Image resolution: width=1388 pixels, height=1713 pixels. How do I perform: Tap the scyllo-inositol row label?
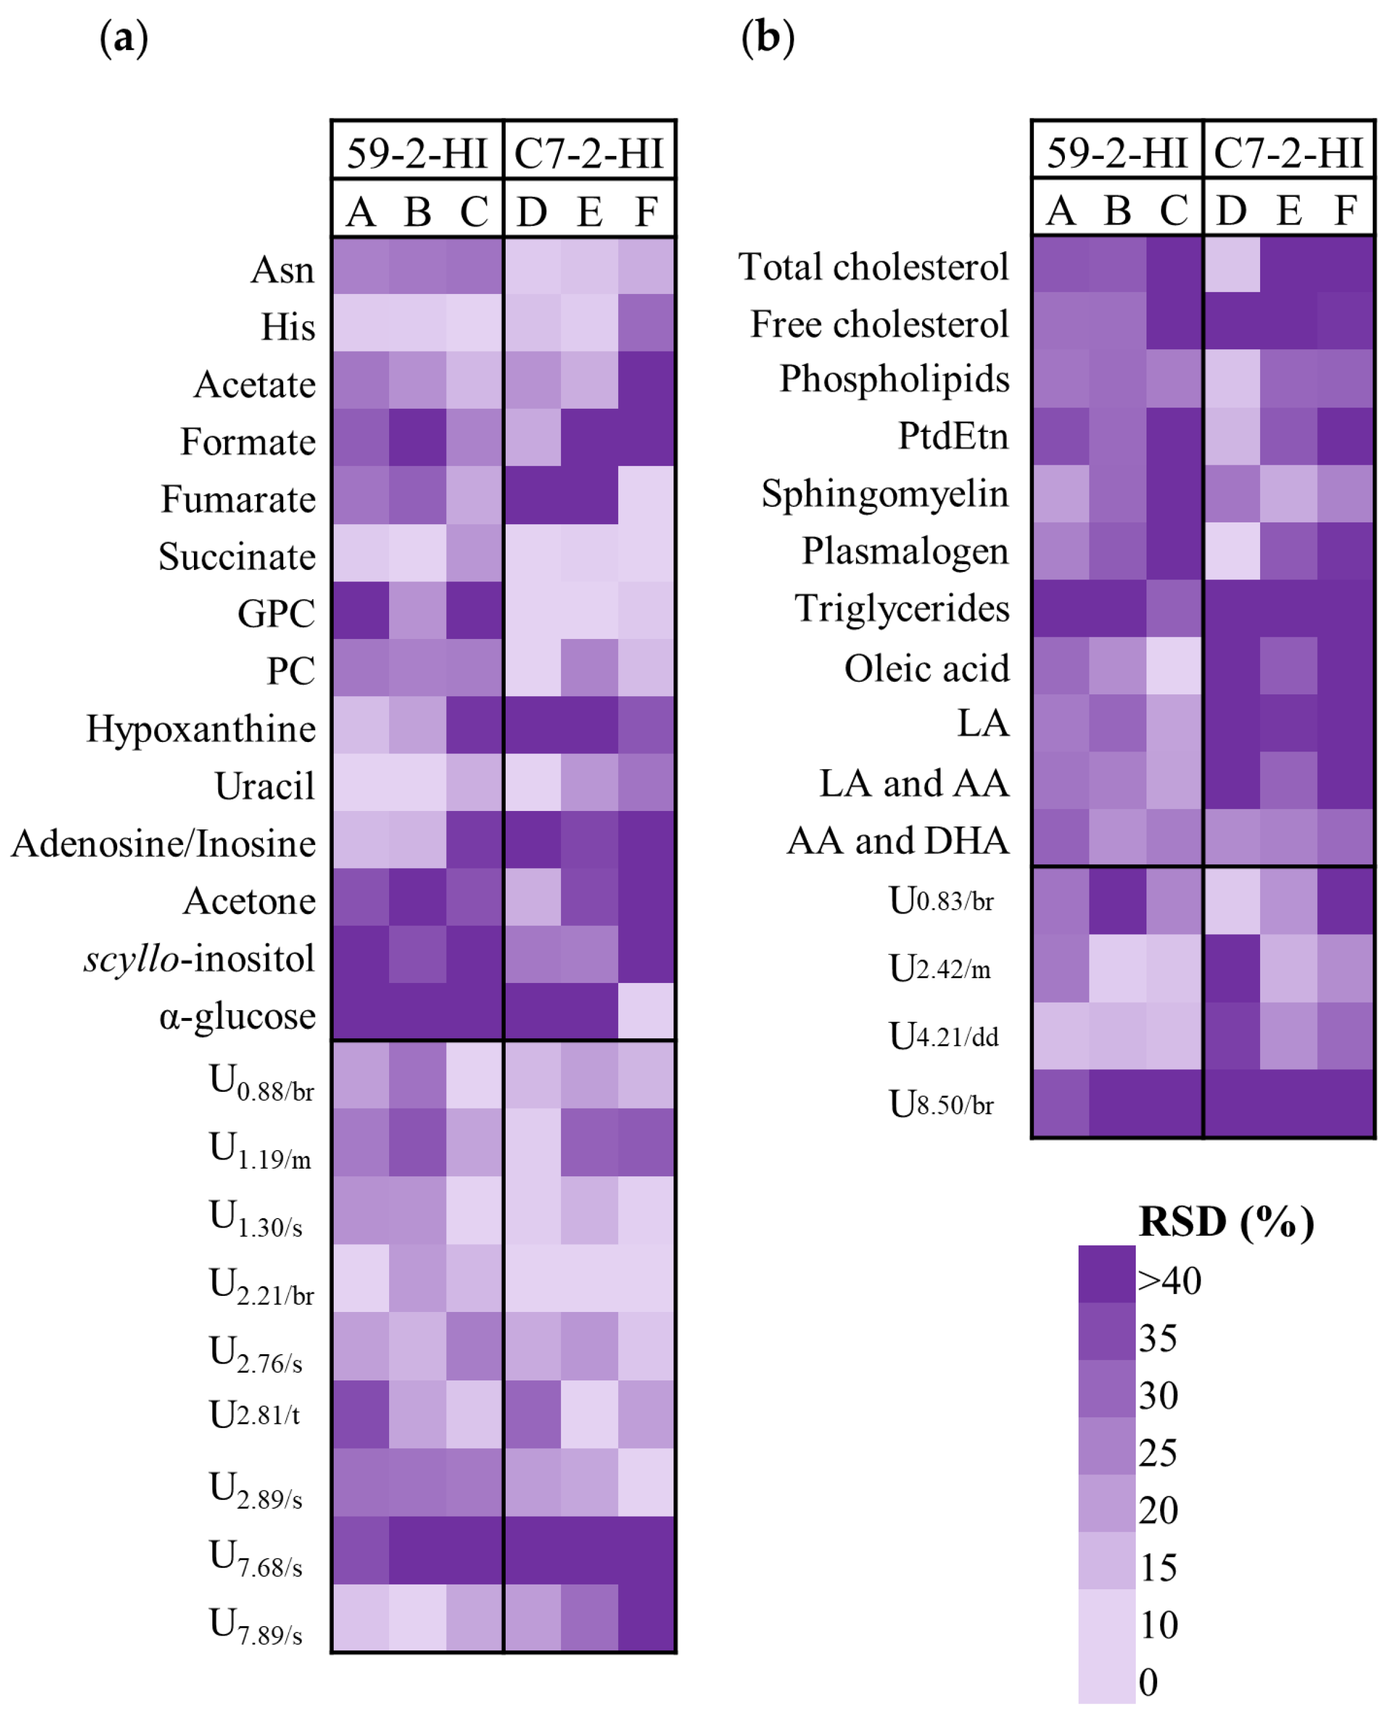199,958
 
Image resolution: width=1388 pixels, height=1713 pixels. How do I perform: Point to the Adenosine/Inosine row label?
163,843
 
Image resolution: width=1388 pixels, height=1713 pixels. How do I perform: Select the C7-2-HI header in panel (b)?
1288,152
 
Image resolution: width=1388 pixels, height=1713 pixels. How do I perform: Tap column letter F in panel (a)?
646,212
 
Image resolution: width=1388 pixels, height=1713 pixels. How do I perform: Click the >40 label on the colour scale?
1169,1280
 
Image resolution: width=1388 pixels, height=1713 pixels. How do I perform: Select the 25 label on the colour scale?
1157,1452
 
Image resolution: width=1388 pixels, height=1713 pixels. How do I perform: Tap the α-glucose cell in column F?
646,1011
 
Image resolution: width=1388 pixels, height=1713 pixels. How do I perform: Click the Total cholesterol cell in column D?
1232,264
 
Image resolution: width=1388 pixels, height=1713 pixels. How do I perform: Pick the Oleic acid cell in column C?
1174,665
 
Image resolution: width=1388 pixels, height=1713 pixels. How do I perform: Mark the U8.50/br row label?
941,1104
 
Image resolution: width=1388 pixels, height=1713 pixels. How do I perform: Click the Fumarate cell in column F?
646,495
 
